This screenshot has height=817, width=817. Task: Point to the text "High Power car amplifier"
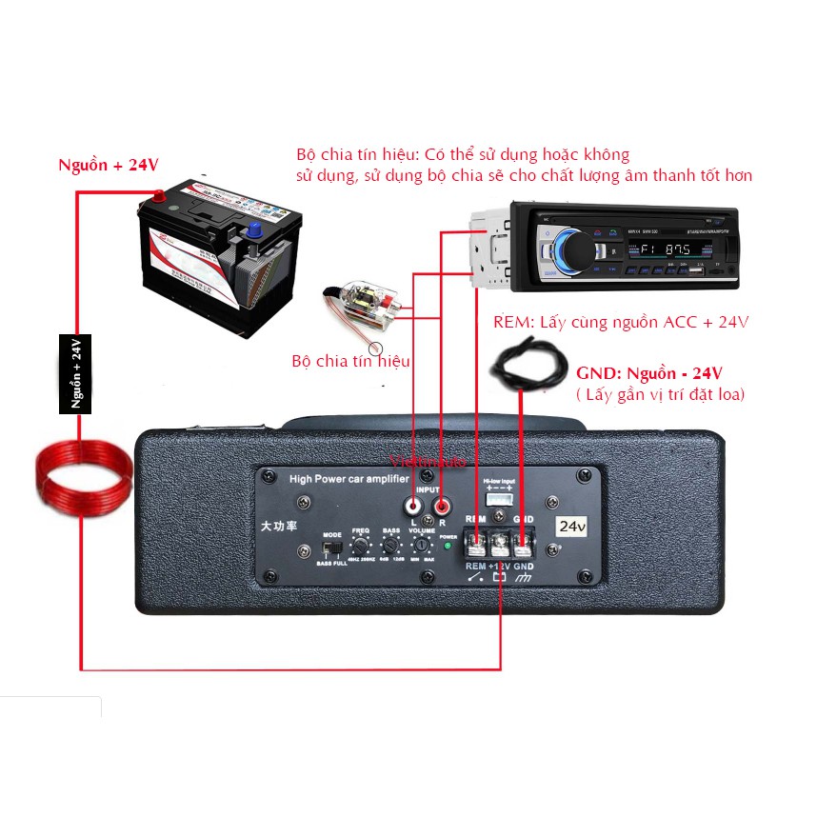(349, 479)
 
